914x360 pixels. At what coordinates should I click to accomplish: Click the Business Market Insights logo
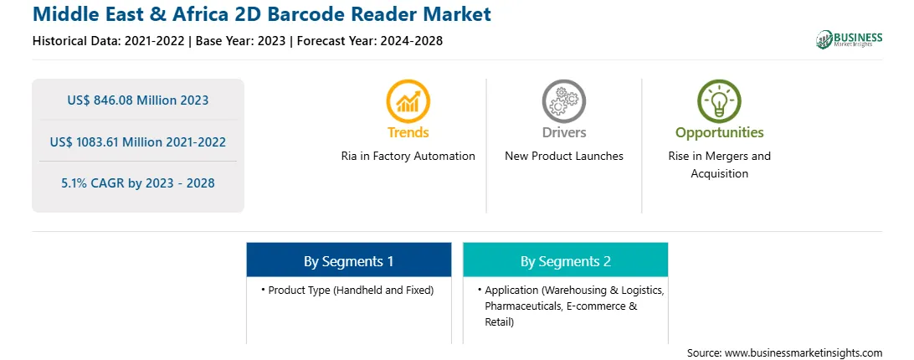click(850, 39)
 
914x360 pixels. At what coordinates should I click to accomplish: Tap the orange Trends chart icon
click(408, 101)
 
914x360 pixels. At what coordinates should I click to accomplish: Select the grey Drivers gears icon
click(563, 101)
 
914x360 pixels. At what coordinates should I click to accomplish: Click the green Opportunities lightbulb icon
click(719, 101)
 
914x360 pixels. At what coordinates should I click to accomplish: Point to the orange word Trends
click(408, 132)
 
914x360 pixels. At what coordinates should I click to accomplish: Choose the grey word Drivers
click(563, 132)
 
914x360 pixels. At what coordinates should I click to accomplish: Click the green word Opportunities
click(719, 132)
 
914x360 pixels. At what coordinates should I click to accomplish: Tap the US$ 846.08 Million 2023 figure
click(137, 100)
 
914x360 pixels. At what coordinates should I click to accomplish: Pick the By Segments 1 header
click(348, 261)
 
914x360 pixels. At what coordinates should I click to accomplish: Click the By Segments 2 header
click(566, 261)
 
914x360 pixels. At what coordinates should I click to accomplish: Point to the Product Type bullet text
click(351, 290)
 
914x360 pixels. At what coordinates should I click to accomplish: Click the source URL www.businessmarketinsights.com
click(804, 352)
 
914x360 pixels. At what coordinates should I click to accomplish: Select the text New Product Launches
click(563, 156)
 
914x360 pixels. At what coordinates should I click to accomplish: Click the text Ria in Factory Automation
click(408, 156)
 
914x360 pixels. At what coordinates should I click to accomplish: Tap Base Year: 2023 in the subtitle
click(241, 41)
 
